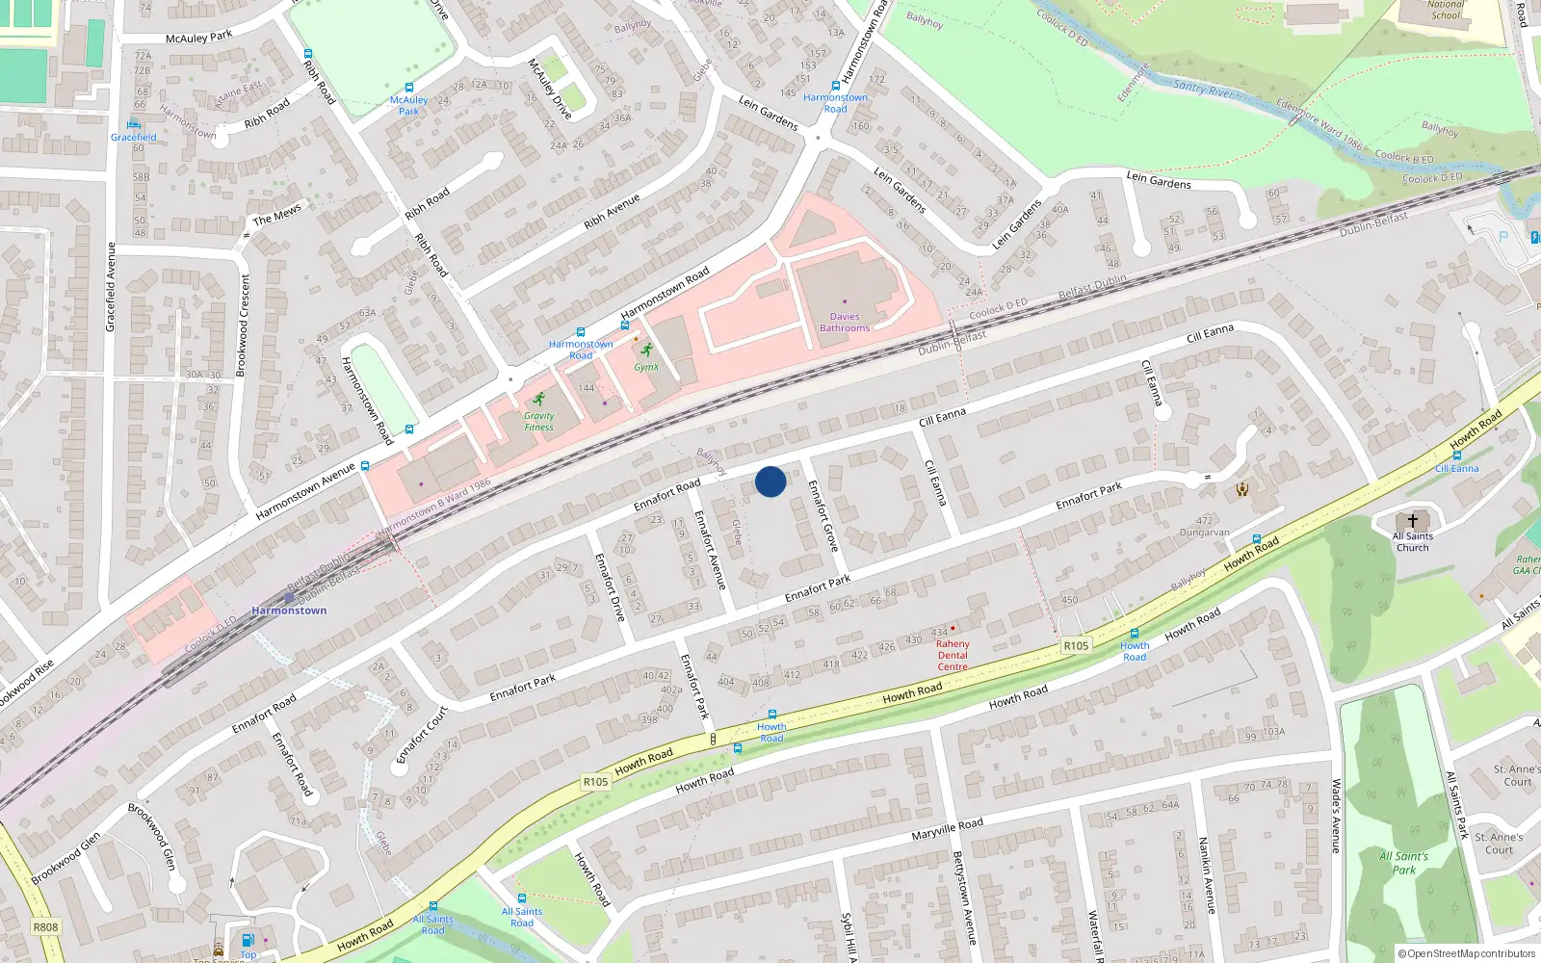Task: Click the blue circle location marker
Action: (770, 481)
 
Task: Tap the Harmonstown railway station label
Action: (289, 611)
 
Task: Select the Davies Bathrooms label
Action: (845, 322)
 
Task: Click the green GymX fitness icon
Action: (646, 351)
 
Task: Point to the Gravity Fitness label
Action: (539, 422)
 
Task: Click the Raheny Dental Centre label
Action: (953, 656)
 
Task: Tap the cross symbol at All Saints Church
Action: (1413, 521)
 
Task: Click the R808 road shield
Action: (45, 927)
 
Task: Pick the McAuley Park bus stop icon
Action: (409, 88)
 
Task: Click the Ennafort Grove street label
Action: (823, 515)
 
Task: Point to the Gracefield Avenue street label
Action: (111, 287)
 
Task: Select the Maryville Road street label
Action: (947, 828)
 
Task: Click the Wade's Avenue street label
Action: (1336, 816)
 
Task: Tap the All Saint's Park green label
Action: (1403, 863)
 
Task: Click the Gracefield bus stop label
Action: (133, 137)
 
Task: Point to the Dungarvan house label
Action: (1204, 533)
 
